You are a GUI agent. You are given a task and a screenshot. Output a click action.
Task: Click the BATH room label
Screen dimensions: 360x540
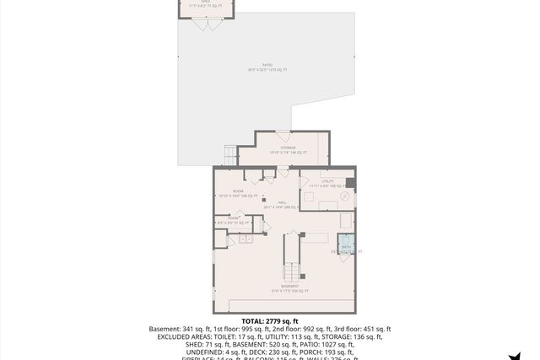(x=346, y=248)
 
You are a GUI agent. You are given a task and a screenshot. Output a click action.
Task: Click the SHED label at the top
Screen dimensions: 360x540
(x=205, y=3)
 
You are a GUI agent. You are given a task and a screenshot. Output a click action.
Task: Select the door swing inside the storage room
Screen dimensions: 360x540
(x=283, y=137)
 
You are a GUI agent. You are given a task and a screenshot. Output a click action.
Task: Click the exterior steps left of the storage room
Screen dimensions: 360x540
(x=230, y=156)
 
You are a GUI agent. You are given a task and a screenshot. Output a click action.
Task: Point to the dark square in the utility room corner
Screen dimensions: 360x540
(x=351, y=183)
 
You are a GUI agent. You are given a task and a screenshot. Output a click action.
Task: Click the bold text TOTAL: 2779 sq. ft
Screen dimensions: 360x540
(x=270, y=321)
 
